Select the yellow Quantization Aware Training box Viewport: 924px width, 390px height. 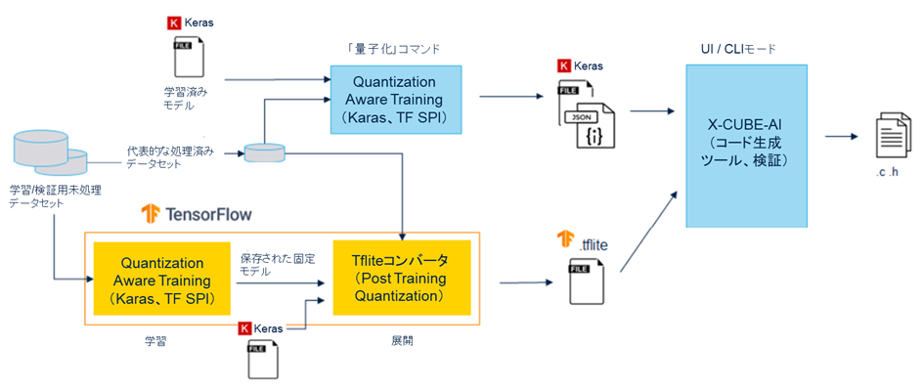click(161, 278)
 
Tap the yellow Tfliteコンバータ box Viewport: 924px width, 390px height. click(402, 278)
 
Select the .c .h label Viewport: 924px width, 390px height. click(889, 173)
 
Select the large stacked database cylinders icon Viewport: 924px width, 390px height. click(49, 153)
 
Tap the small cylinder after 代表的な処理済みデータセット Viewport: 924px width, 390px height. click(265, 153)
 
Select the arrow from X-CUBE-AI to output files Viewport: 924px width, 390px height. click(841, 137)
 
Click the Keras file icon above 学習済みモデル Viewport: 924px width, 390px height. click(187, 57)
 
